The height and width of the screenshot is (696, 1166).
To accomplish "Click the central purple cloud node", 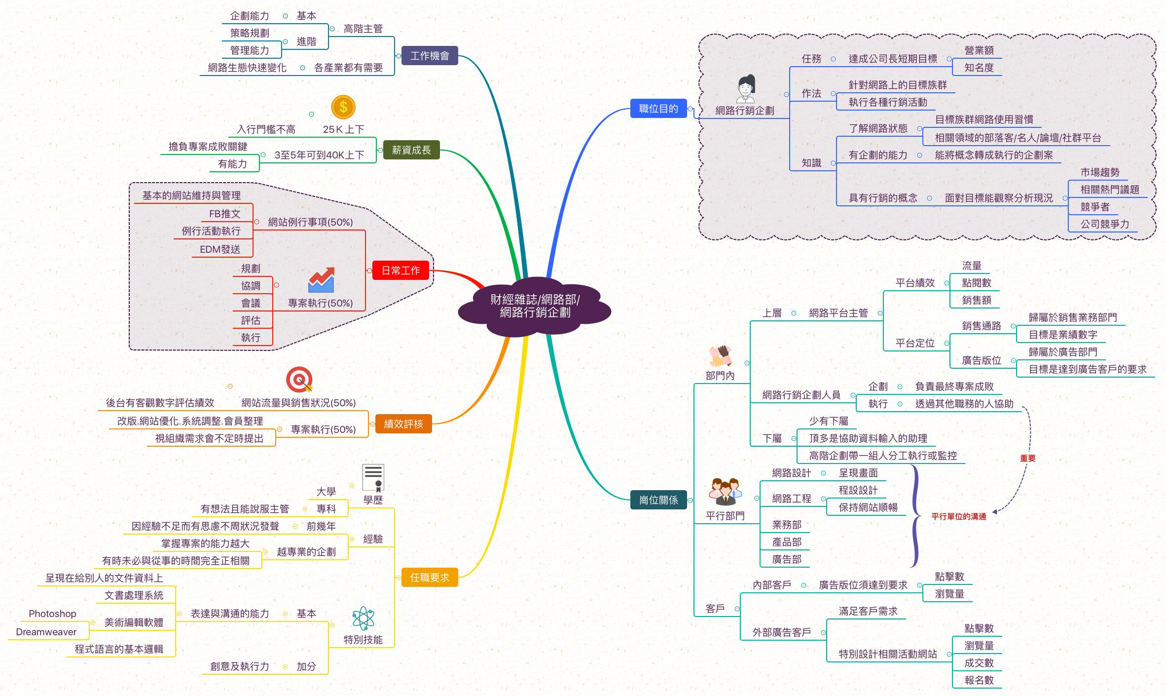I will click(535, 306).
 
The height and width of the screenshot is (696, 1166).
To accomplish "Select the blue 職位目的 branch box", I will click(658, 109).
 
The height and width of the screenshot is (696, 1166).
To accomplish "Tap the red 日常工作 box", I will click(401, 271).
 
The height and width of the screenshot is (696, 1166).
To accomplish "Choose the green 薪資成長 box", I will click(411, 150).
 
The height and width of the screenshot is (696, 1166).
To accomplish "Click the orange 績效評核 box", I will click(403, 424).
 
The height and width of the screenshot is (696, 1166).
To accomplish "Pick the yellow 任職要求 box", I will click(430, 578).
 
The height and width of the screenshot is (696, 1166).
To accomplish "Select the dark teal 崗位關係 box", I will click(658, 500).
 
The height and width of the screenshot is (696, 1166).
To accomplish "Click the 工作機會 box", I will click(430, 56).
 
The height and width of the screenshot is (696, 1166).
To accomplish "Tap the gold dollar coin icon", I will click(343, 107).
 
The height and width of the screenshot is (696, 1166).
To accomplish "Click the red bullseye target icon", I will click(299, 380).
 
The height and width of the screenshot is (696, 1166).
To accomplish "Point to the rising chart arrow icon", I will click(321, 280).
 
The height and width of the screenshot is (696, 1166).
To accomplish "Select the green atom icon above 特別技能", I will click(364, 619).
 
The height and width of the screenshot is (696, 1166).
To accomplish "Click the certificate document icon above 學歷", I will click(373, 477).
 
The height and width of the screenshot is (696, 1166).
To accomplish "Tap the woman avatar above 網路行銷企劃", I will click(745, 89).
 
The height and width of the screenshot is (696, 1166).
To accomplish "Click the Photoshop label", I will click(52, 614).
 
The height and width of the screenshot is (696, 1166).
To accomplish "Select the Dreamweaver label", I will click(46, 632).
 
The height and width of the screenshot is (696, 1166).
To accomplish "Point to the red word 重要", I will click(1027, 458).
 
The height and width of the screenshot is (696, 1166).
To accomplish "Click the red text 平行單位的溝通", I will click(958, 516).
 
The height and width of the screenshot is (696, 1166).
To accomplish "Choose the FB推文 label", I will click(224, 214).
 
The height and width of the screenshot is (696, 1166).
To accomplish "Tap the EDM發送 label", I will click(219, 249).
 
